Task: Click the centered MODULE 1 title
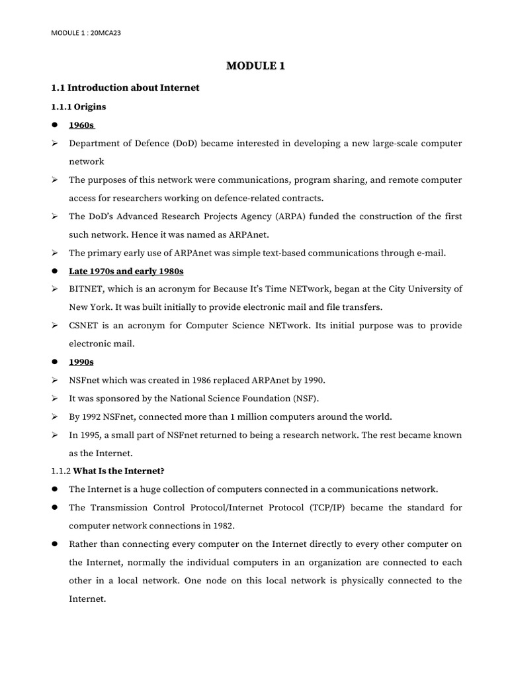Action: coord(255,66)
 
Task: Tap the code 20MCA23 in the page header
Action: coord(107,32)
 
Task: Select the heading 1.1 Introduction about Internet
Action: coord(125,87)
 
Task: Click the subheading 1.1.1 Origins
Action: coord(79,106)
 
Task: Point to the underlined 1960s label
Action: coord(82,125)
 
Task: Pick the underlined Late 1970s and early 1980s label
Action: coord(126,271)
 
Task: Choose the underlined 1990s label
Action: coord(82,362)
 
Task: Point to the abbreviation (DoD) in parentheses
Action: coord(188,144)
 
